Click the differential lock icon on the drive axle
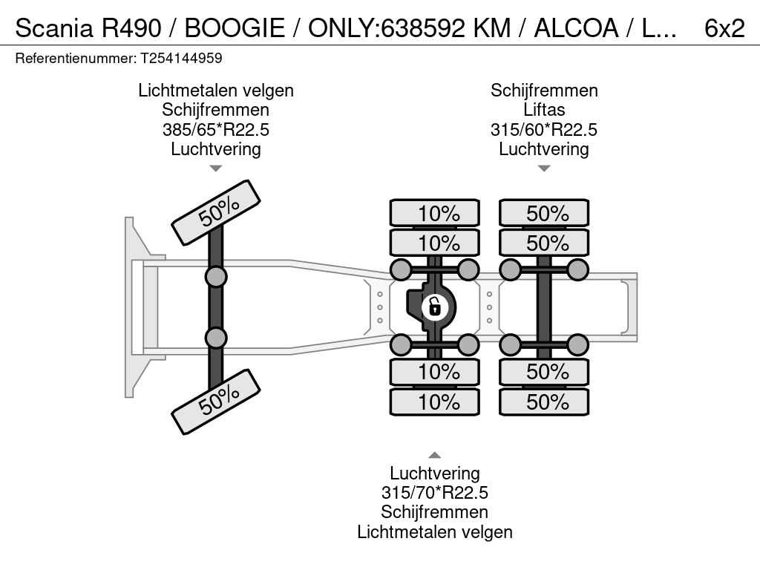tap(434, 307)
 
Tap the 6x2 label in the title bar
tap(724, 28)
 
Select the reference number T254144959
tap(181, 58)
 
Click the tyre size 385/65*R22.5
tap(216, 129)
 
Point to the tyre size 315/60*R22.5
tap(544, 129)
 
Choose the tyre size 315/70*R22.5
tap(435, 493)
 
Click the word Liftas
tap(544, 110)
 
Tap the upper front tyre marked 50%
tap(216, 212)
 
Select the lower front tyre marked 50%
tap(216, 402)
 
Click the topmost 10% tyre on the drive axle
tap(435, 213)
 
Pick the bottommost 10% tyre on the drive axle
tap(435, 402)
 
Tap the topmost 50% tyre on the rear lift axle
tap(544, 213)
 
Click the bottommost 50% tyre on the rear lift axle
tap(544, 402)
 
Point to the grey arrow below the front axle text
tap(216, 168)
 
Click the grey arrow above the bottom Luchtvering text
tap(435, 455)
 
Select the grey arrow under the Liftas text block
tap(544, 168)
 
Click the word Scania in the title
tap(53, 28)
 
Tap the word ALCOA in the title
tap(576, 28)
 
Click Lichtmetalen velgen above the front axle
tap(216, 90)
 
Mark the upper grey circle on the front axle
tap(216, 278)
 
